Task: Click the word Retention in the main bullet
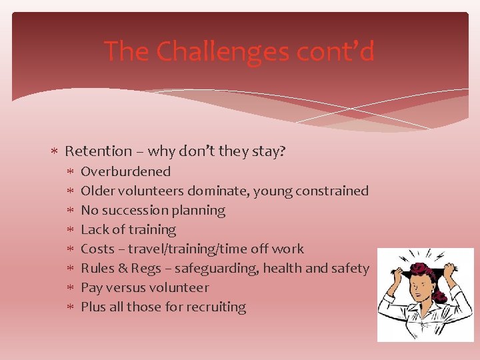pyautogui.click(x=99, y=151)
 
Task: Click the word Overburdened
pyautogui.click(x=125, y=171)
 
